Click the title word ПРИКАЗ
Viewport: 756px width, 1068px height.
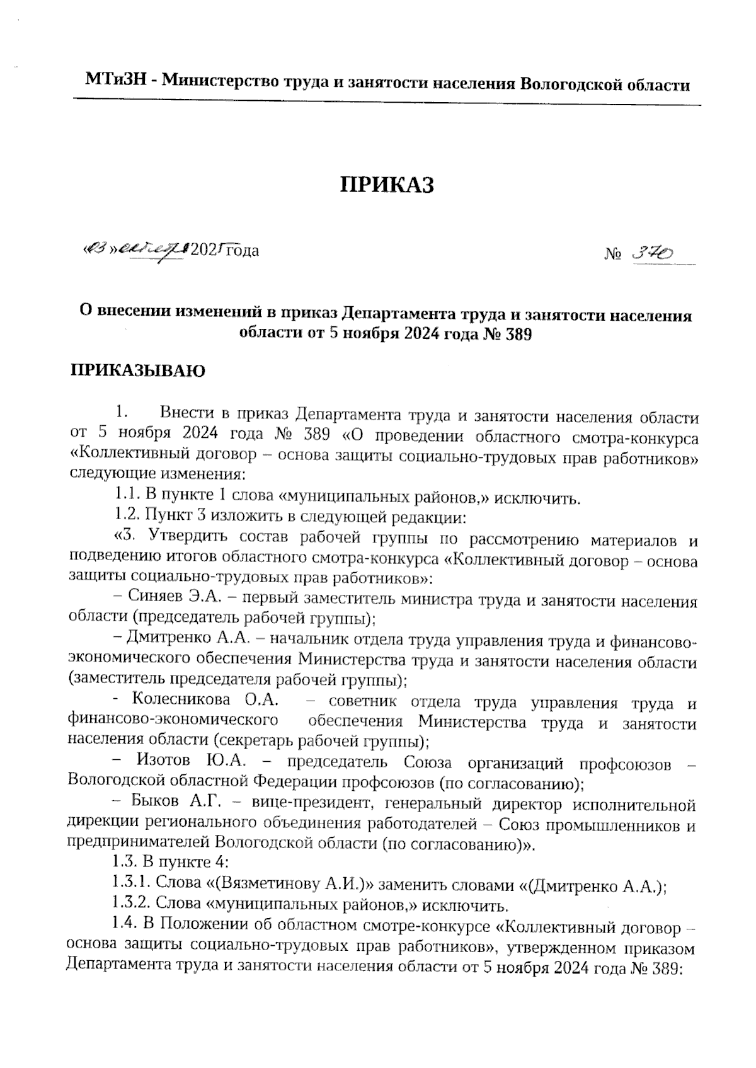(x=387, y=185)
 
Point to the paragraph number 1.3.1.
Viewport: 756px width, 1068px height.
(x=130, y=885)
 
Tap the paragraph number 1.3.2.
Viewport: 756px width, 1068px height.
(x=130, y=905)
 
